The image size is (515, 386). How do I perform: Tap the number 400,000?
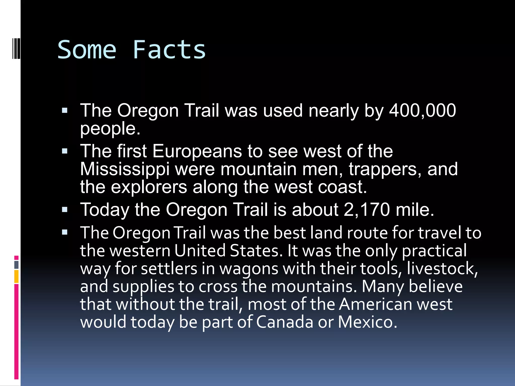[x=422, y=111]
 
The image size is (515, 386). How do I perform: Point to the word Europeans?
[x=197, y=151]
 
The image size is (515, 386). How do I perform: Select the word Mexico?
[x=367, y=322]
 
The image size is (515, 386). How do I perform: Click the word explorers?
[x=149, y=187]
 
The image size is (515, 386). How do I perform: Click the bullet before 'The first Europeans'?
[x=65, y=151]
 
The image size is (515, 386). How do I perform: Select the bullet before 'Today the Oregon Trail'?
[x=65, y=210]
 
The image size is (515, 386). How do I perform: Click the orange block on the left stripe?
[x=16, y=276]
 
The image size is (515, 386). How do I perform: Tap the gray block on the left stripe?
[x=16, y=265]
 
